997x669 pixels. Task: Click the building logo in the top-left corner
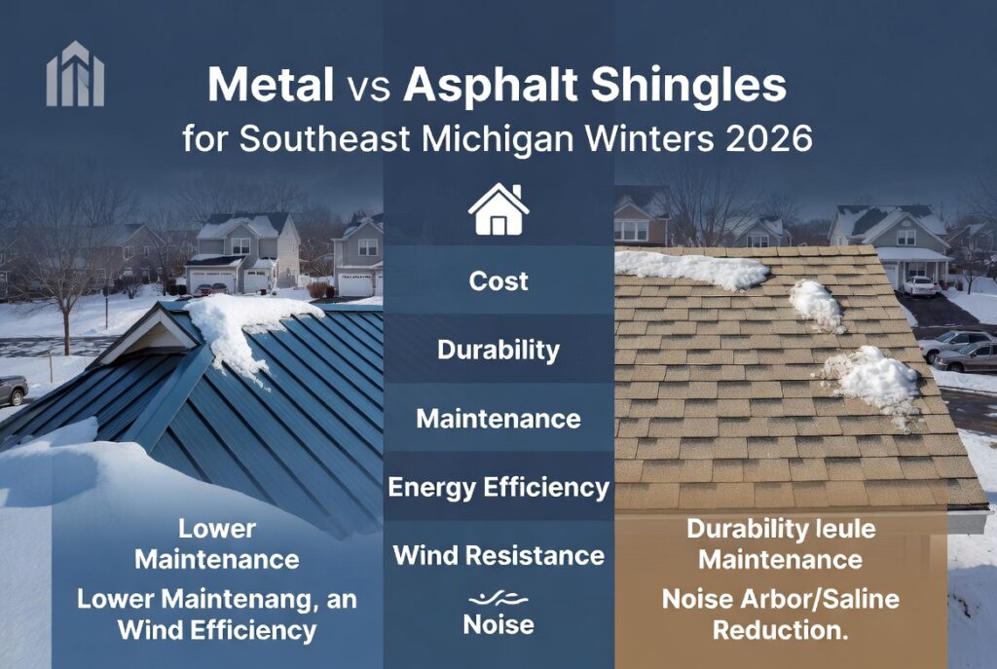coord(75,73)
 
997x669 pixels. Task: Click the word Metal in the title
coord(270,86)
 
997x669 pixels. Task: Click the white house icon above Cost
coord(498,209)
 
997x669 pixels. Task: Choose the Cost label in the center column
coord(498,280)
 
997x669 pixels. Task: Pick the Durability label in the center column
coord(498,350)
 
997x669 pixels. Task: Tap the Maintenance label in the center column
coord(498,419)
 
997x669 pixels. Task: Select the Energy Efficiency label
coord(498,487)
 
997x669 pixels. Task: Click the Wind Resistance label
coord(498,555)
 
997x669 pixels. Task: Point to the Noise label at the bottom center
coord(498,624)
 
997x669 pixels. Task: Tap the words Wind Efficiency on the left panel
coord(217,629)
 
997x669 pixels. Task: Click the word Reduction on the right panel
coord(780,629)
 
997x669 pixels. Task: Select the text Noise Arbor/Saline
coord(780,598)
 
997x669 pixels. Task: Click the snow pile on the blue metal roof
coord(248,326)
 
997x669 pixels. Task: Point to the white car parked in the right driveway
coord(919,285)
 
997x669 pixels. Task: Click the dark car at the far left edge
coord(13,390)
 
